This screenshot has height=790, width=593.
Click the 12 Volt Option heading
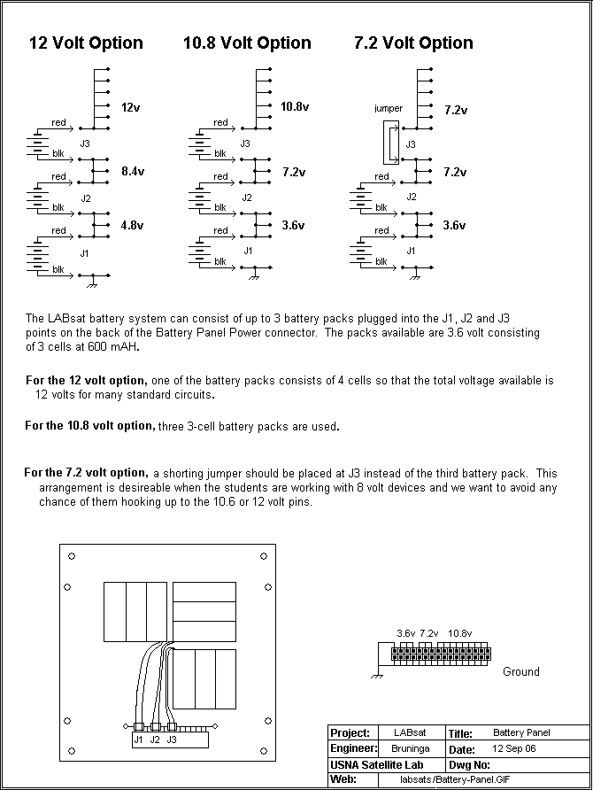tap(86, 43)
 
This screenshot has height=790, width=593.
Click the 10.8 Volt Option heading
tap(247, 43)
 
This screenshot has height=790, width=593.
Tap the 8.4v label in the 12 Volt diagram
tap(131, 172)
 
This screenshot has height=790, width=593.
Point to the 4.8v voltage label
tap(131, 225)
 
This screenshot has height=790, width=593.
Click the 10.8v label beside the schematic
tap(295, 106)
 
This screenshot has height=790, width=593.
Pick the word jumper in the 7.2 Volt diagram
tap(389, 109)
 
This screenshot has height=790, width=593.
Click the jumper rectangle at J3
tap(389, 143)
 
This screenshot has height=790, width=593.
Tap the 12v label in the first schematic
tap(129, 107)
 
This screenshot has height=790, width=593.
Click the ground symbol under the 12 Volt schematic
tap(93, 283)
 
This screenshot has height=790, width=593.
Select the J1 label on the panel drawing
tap(138, 739)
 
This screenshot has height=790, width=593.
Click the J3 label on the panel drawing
tap(172, 739)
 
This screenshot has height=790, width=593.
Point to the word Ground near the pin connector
tap(520, 671)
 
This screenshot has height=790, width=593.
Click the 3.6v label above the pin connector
tap(405, 633)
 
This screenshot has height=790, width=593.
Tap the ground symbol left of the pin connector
tap(377, 675)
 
